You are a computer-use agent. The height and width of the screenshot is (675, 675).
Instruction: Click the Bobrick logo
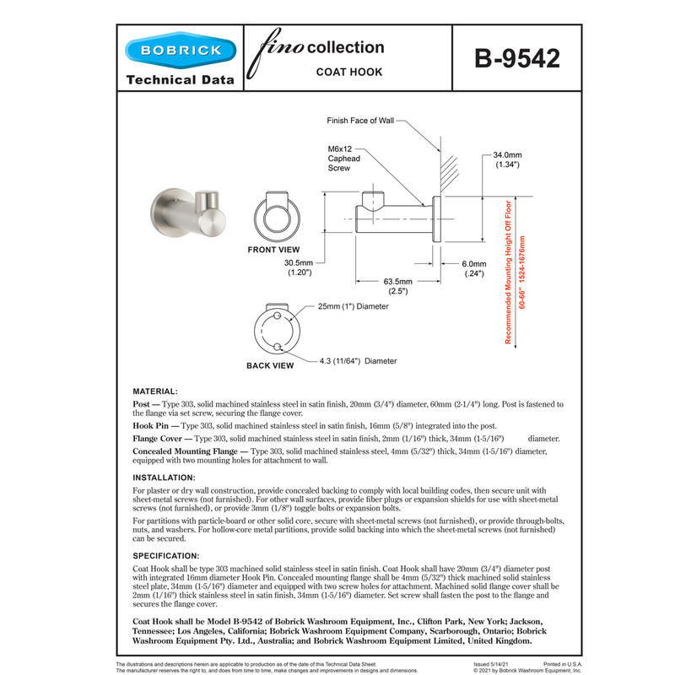click(x=175, y=51)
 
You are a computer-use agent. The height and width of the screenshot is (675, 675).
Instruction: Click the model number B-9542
click(x=516, y=59)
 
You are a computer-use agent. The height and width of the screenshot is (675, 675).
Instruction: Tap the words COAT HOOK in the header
click(x=349, y=73)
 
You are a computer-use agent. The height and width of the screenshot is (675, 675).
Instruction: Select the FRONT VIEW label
click(x=273, y=251)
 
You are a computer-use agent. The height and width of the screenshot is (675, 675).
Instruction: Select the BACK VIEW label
click(x=270, y=366)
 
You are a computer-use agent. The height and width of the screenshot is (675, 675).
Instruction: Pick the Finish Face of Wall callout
click(x=360, y=121)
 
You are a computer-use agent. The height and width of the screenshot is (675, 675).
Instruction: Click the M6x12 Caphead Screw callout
click(x=345, y=158)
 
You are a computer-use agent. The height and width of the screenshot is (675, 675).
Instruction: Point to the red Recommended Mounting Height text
click(x=509, y=272)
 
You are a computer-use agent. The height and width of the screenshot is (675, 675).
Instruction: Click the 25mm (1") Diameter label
click(x=354, y=307)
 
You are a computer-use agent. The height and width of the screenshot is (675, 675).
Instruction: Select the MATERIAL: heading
click(x=155, y=392)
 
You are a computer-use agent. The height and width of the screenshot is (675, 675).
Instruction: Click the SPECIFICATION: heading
click(x=166, y=556)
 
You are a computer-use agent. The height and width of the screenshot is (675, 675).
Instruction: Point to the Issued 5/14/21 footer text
click(x=491, y=666)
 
